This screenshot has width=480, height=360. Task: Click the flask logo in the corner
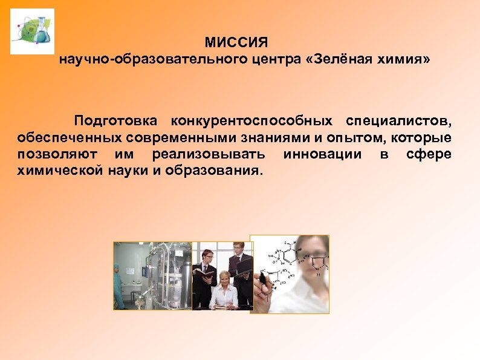point(32,31)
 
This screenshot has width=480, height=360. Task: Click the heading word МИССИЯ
point(236,44)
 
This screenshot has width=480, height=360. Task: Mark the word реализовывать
point(209,154)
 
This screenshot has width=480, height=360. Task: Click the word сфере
point(429,154)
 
